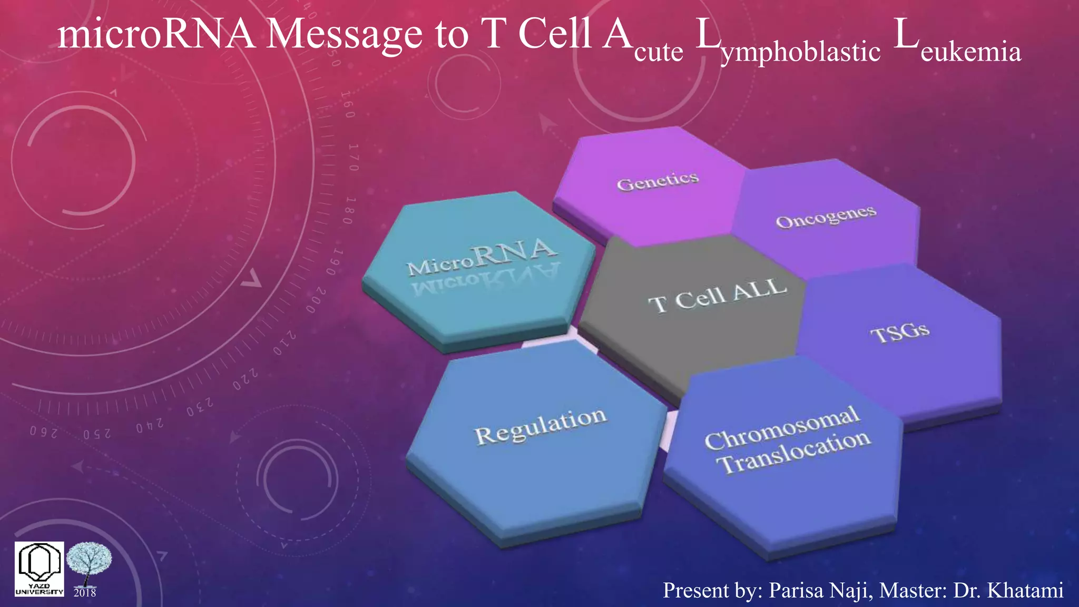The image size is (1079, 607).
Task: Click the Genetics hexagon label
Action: (658, 182)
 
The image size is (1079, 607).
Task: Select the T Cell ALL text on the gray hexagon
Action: (718, 296)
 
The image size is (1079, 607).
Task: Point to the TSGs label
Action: (899, 332)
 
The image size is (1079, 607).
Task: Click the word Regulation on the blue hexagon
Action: (541, 426)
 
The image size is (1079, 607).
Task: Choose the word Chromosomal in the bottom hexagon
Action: (782, 428)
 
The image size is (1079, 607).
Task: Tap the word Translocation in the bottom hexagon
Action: (795, 452)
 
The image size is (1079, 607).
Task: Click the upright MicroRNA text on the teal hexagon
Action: (481, 257)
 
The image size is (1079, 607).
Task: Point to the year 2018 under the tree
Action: (85, 593)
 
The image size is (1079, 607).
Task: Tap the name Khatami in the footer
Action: (1025, 591)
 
